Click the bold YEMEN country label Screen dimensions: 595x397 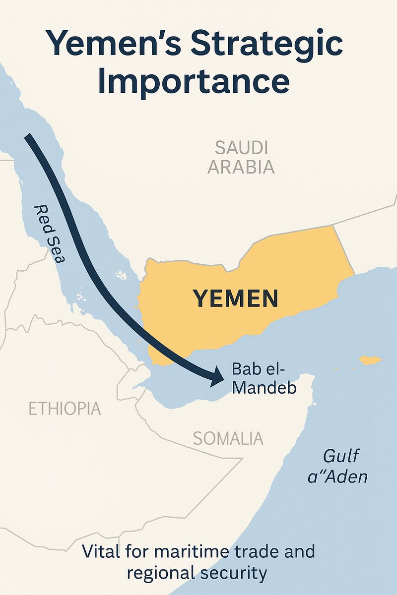click(235, 299)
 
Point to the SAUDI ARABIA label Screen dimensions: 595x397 click(241, 158)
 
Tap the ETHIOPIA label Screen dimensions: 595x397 click(65, 409)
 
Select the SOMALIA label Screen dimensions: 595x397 click(228, 438)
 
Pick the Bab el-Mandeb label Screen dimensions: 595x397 click(264, 378)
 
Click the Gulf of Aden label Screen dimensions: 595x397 click(344, 466)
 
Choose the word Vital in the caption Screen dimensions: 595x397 click(99, 551)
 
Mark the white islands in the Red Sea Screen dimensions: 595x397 click(120, 274)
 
